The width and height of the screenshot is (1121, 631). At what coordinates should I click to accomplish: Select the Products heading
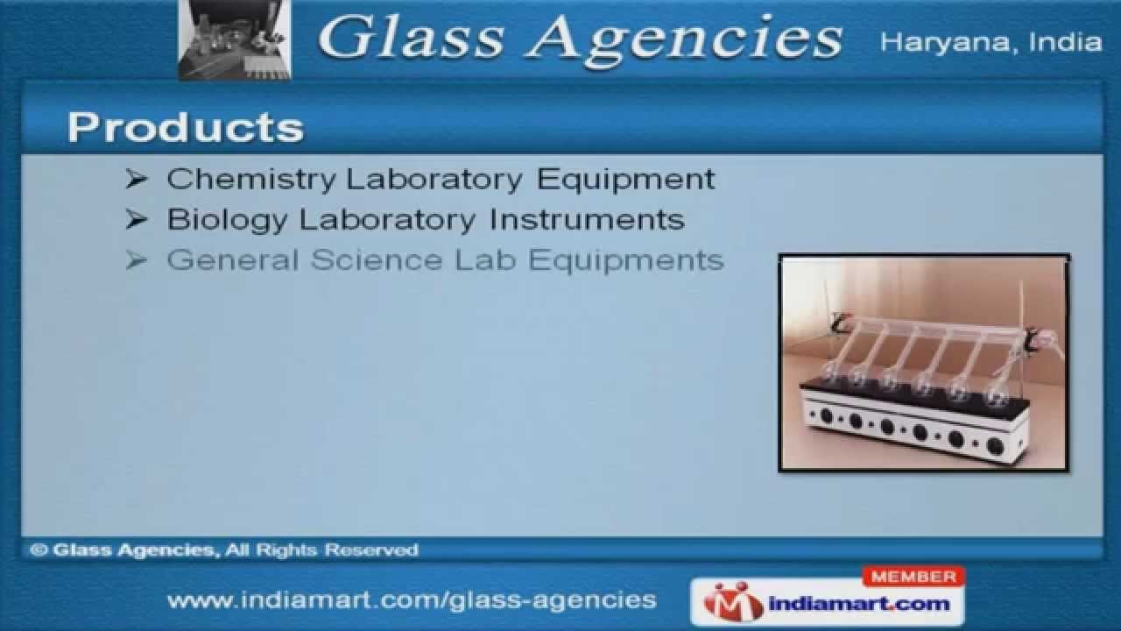click(186, 127)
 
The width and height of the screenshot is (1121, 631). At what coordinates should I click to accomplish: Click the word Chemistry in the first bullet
click(251, 179)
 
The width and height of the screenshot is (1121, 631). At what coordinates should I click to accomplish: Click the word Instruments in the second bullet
click(587, 219)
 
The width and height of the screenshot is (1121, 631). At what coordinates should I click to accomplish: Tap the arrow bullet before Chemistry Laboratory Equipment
click(137, 180)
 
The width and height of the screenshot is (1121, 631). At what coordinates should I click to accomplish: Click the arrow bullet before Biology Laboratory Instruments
click(137, 220)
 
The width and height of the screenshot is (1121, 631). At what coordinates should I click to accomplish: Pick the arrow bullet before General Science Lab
click(137, 260)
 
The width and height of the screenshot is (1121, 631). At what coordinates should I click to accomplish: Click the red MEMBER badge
click(913, 577)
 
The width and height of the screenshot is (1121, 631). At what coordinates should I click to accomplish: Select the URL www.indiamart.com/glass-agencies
click(412, 599)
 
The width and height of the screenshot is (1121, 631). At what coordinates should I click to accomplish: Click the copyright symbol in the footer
click(38, 550)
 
